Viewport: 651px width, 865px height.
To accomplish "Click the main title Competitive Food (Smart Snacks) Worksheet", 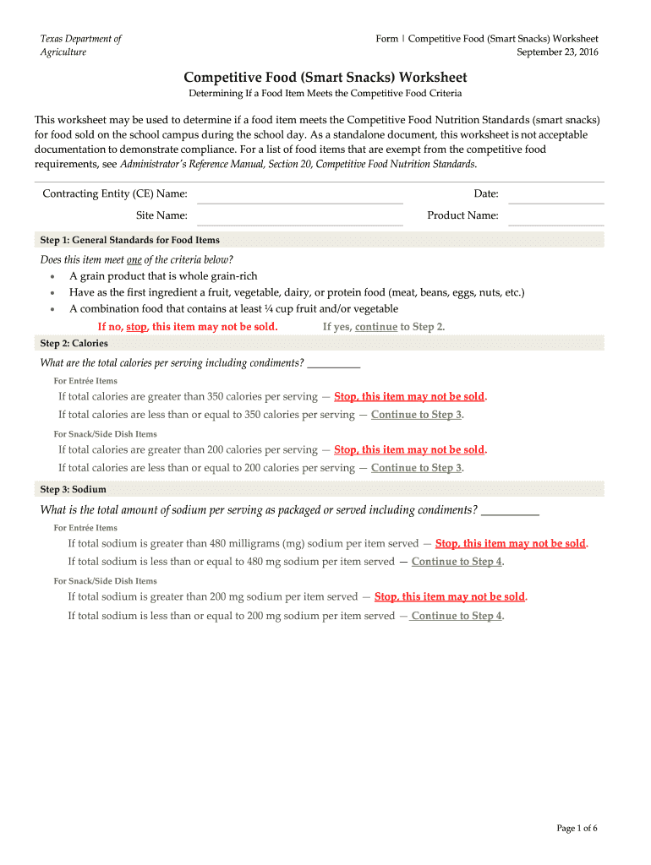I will click(325, 77).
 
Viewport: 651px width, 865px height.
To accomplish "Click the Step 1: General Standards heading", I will click(129, 240).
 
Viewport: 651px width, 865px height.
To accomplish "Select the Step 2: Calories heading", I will click(74, 344).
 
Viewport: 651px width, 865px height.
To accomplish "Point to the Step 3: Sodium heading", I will click(73, 489).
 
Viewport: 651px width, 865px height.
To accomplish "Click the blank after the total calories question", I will click(334, 364).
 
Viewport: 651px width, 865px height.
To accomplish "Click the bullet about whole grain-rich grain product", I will click(163, 276).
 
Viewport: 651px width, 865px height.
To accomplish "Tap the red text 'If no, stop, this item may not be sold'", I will click(188, 327).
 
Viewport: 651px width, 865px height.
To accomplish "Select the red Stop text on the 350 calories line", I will click(410, 396).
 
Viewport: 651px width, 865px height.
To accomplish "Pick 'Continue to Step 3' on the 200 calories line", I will click(416, 468).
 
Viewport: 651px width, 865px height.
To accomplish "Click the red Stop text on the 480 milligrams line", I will click(511, 544).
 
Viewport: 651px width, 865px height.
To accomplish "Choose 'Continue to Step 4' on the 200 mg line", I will click(457, 616).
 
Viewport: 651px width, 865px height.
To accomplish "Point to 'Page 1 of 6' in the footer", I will click(577, 828).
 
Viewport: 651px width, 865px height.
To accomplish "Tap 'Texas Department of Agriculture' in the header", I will click(81, 46).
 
